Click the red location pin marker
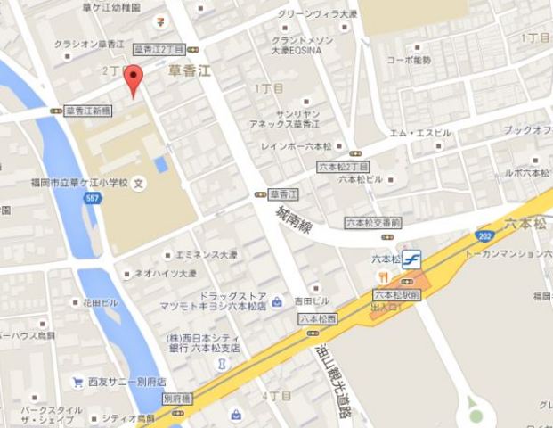[133, 78]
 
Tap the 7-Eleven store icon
[157, 19]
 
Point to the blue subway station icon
[411, 259]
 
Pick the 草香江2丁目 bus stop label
[158, 49]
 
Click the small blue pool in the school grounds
[160, 164]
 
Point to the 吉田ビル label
[312, 301]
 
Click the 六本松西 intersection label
[317, 317]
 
